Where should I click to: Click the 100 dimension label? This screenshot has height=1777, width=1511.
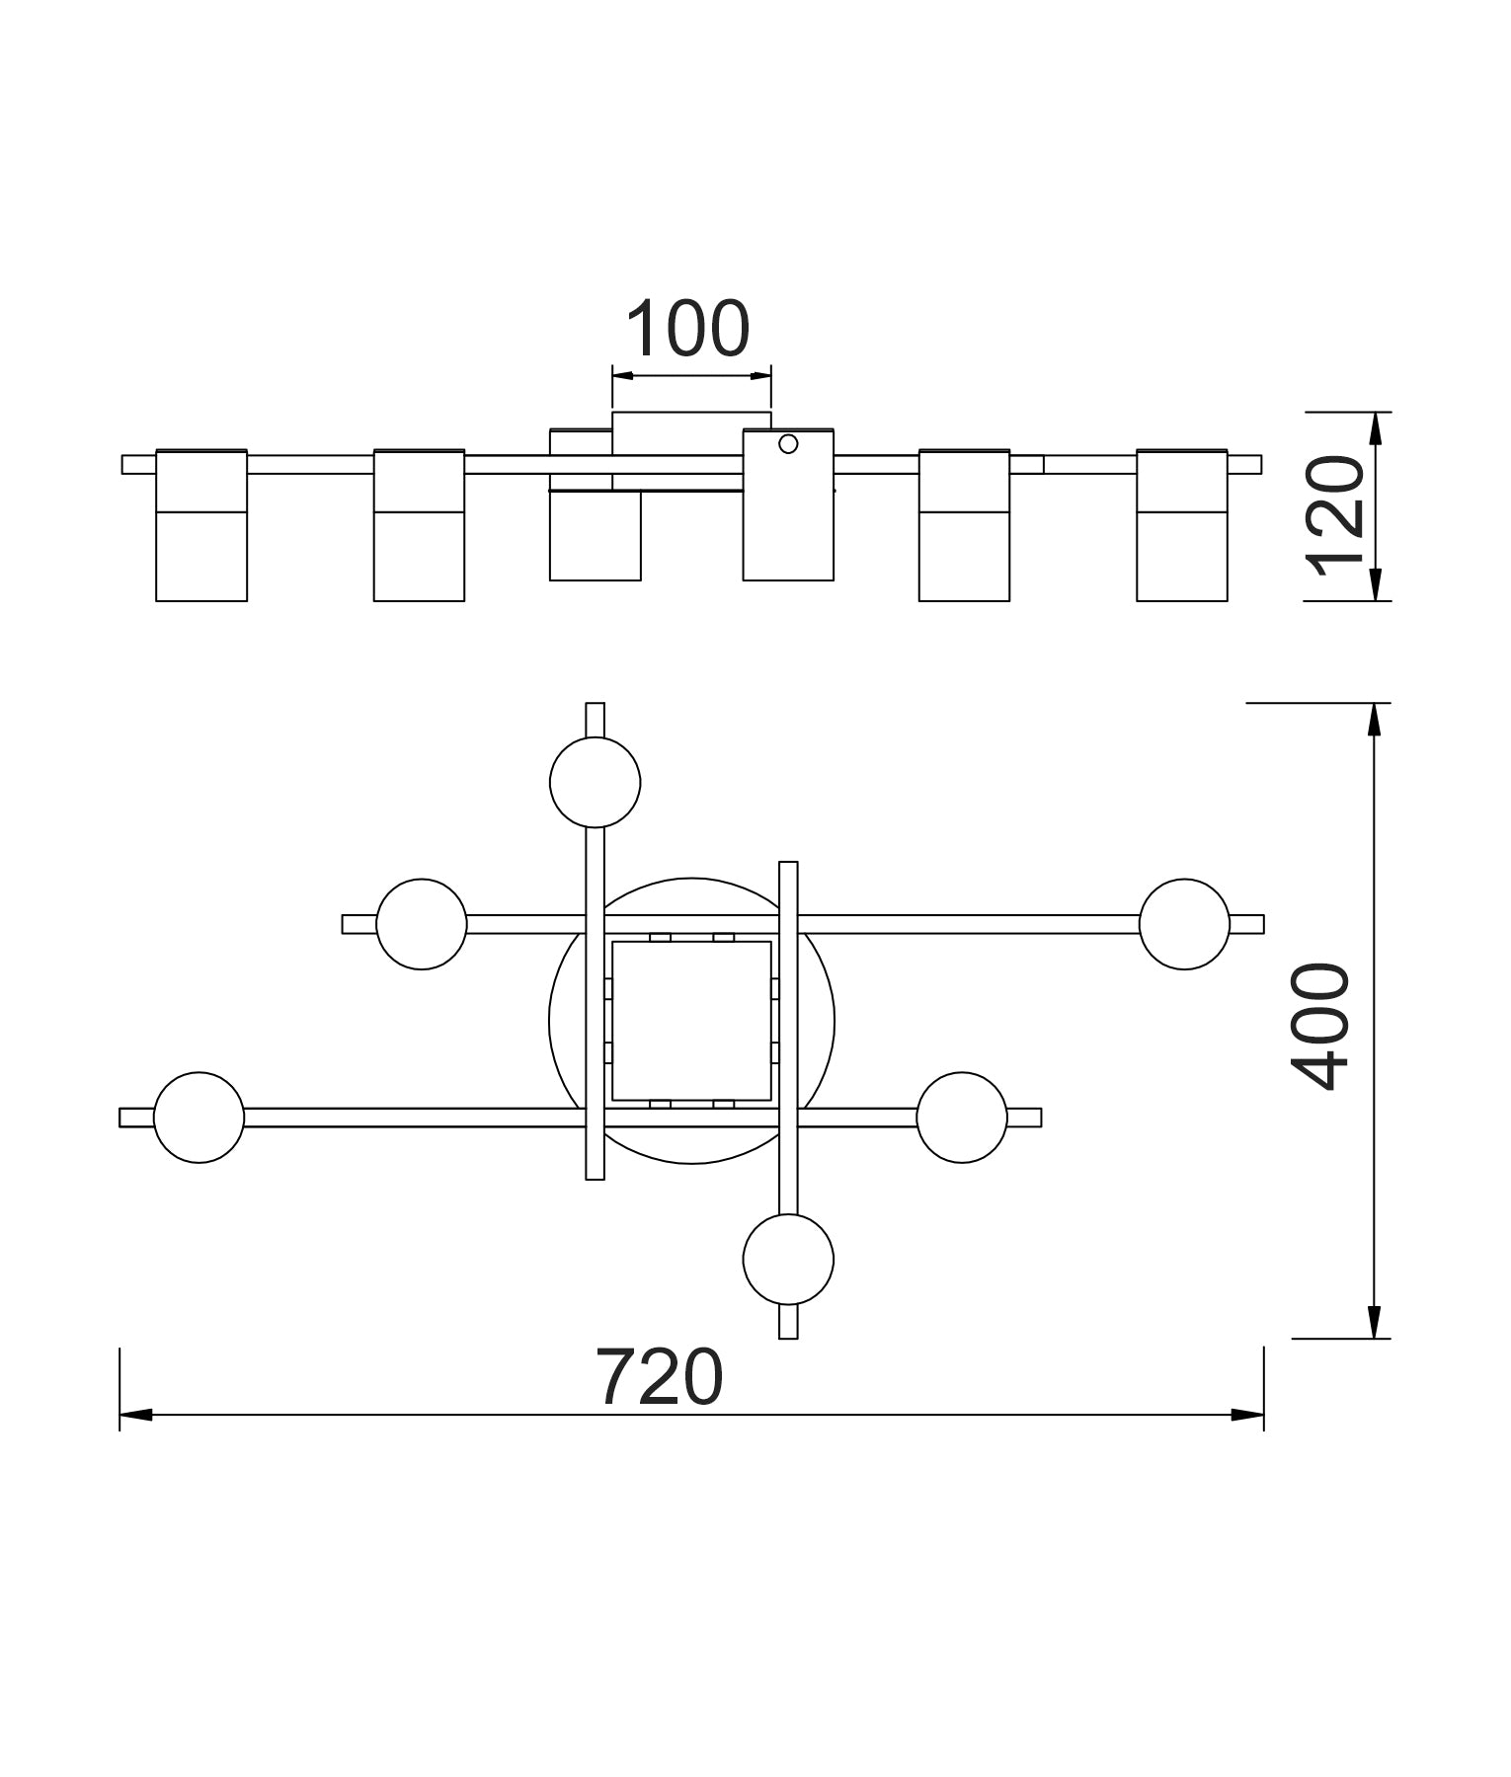click(x=688, y=329)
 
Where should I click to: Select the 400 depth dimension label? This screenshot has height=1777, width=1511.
click(x=1320, y=1027)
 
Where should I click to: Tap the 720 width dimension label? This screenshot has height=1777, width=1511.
click(x=660, y=1378)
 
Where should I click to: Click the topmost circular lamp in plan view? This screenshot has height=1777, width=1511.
click(x=595, y=782)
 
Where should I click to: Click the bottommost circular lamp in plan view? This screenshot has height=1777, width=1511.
click(x=788, y=1260)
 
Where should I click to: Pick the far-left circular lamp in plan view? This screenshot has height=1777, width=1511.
click(x=199, y=1118)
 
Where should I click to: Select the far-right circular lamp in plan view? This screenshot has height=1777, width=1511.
click(x=1184, y=924)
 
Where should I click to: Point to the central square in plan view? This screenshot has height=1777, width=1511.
click(x=691, y=1021)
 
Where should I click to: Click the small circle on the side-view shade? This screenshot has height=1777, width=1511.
click(x=788, y=444)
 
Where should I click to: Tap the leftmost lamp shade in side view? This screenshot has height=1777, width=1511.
click(x=201, y=525)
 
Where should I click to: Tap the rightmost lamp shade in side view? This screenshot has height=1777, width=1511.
click(x=1181, y=525)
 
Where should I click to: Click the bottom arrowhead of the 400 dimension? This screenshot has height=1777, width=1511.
click(x=1373, y=1323)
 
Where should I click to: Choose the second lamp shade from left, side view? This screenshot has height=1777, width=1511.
click(x=419, y=525)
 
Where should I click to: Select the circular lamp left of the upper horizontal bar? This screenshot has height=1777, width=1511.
click(x=422, y=924)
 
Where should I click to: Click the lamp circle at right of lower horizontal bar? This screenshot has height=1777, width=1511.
click(x=962, y=1118)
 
